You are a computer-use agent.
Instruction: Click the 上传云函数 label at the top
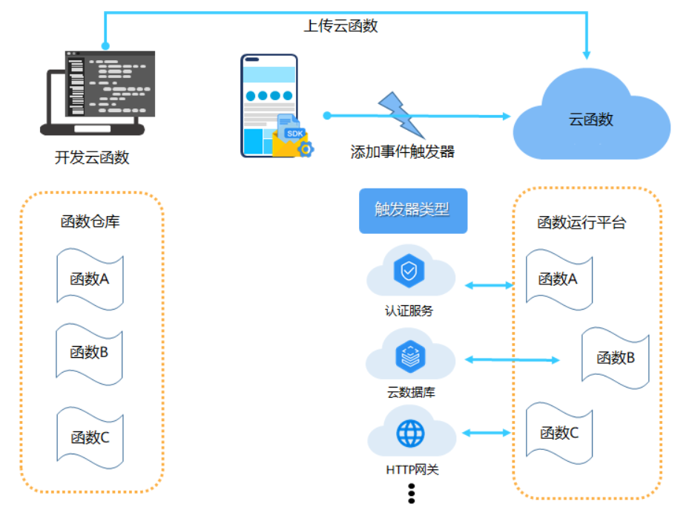click(340, 26)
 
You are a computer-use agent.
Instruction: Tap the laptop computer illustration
click(98, 93)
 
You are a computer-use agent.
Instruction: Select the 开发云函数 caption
click(92, 157)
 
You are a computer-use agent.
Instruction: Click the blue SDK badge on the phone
click(294, 134)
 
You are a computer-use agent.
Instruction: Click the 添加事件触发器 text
click(403, 151)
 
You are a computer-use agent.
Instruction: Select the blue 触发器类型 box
click(413, 211)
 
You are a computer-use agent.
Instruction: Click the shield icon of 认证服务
click(409, 270)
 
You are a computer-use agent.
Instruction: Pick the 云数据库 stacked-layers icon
click(410, 356)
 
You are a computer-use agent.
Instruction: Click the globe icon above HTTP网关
click(410, 434)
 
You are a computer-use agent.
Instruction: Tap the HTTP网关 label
click(412, 469)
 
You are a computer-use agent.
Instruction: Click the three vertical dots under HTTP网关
click(412, 493)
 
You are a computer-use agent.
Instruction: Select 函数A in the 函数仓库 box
click(90, 279)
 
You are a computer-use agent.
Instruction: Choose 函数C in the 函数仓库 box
click(90, 437)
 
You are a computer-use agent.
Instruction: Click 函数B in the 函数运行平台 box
click(615, 358)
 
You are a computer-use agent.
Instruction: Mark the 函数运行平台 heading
click(581, 222)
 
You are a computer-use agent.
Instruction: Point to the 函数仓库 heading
click(90, 221)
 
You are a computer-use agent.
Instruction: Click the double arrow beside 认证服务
click(490, 285)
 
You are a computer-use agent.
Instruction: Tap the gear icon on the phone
click(306, 149)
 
